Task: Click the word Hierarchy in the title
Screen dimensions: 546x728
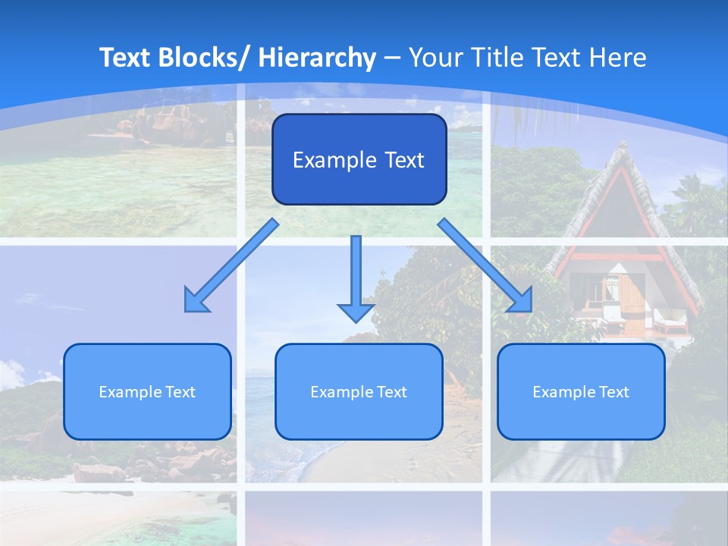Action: [317, 58]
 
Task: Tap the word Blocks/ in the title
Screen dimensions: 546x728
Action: [207, 58]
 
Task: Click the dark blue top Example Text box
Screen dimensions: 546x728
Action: [359, 159]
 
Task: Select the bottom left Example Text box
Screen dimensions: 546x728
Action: [147, 391]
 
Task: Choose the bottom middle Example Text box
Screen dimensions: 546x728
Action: [359, 391]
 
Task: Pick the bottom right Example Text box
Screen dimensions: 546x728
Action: [581, 391]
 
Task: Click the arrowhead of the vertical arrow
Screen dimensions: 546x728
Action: [356, 311]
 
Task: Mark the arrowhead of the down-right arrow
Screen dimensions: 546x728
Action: [522, 301]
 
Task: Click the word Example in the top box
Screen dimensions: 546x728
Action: [324, 160]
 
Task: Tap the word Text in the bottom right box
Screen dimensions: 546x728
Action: [613, 392]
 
